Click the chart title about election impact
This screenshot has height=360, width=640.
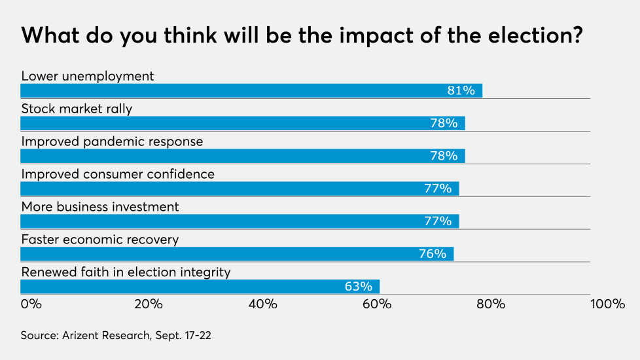click(x=302, y=36)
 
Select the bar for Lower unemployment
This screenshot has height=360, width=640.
click(x=251, y=90)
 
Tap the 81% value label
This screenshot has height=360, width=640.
click(x=461, y=90)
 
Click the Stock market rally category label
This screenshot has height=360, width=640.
click(x=77, y=109)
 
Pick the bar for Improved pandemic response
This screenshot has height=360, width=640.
click(x=243, y=156)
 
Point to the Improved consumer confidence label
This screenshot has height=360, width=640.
click(x=118, y=174)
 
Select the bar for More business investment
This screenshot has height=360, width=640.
click(x=240, y=221)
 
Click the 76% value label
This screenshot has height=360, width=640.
click(x=433, y=254)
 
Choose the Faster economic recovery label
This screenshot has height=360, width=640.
click(x=99, y=240)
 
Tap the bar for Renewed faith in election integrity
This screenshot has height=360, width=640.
click(x=200, y=287)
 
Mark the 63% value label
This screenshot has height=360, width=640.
click(x=358, y=287)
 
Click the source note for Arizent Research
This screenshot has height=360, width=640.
click(x=116, y=335)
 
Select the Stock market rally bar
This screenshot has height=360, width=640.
click(x=243, y=123)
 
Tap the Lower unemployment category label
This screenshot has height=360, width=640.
click(x=88, y=76)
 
